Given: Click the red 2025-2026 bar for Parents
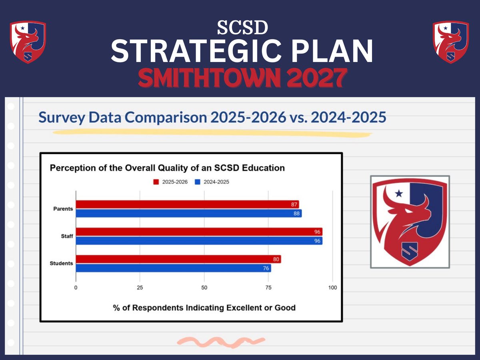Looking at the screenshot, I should tap(187, 204).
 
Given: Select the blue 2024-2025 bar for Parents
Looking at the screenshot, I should tap(189, 214).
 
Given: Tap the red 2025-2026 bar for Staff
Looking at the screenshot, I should tap(199, 232).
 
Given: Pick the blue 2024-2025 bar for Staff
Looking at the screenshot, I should tap(199, 241).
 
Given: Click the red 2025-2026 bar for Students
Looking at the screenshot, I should tap(178, 259).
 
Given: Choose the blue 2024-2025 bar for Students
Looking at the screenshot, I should tap(173, 268).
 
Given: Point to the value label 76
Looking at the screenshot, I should tap(266, 268).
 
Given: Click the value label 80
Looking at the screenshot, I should tap(276, 259).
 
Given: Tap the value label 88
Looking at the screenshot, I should tap(296, 214).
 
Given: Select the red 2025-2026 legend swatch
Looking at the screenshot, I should tap(156, 182).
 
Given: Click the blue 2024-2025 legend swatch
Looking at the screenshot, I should tap(197, 182).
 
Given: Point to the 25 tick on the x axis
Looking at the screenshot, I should tap(140, 288).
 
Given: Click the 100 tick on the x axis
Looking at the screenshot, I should tap(332, 288).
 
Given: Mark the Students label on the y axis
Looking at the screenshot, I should tap(61, 264).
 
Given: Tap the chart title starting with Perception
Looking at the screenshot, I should tap(167, 168).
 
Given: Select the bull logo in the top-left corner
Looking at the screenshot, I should tap(28, 42).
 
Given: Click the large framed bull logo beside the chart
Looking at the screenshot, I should tap(410, 222).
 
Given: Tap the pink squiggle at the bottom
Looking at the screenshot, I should tap(220, 341).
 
